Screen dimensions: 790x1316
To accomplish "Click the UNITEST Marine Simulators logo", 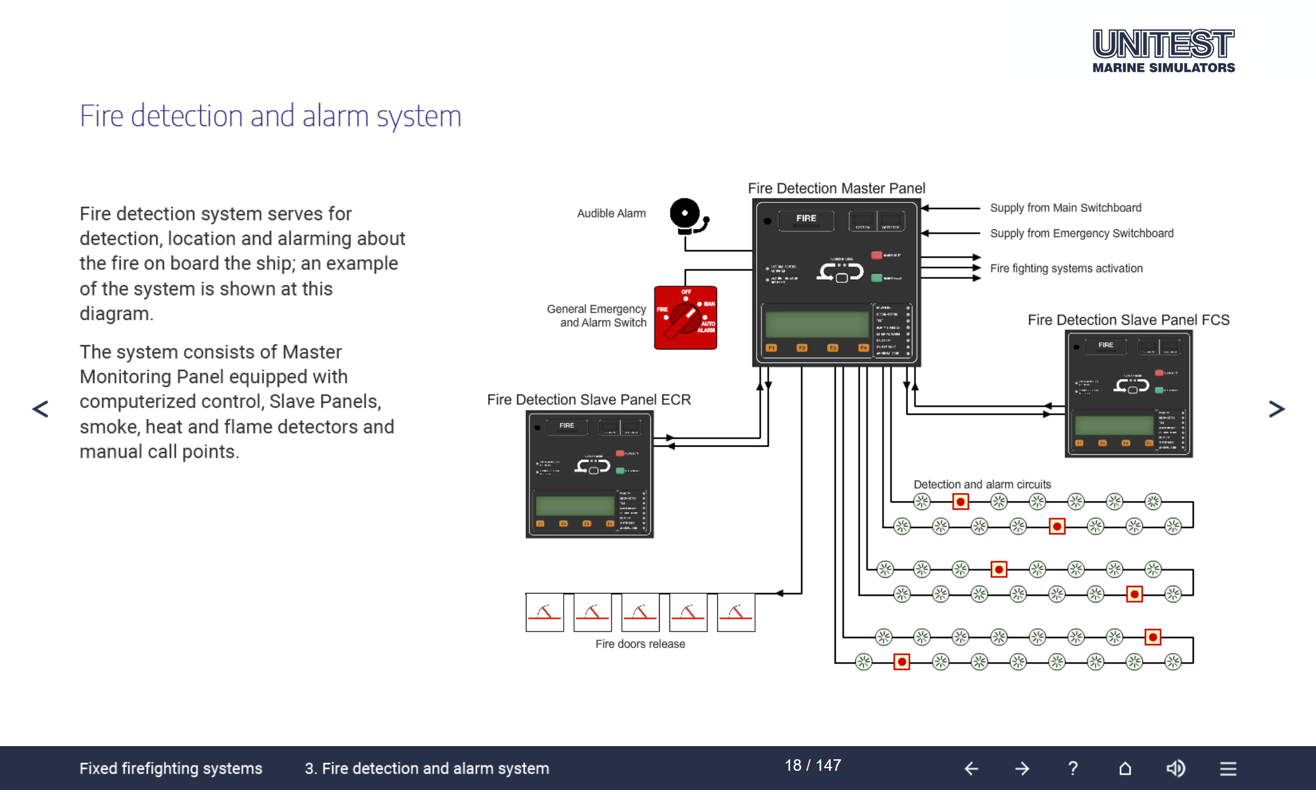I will click(1163, 51).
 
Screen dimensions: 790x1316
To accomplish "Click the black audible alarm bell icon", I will click(687, 216).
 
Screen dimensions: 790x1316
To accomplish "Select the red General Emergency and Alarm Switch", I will click(685, 318).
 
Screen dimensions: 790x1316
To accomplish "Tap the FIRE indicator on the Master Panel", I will click(806, 219).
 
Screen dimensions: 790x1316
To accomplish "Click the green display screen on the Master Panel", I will click(816, 324).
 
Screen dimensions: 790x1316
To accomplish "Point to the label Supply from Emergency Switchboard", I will click(1081, 233).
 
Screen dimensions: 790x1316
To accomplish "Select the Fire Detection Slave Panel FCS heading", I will click(1128, 320).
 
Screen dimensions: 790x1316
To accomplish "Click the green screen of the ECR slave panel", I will click(575, 505).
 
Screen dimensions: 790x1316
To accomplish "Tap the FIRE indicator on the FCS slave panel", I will click(1105, 346).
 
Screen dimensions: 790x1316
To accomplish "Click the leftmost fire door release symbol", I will click(544, 612).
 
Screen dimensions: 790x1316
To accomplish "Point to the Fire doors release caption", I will click(640, 644).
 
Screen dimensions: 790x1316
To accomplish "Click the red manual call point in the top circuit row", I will click(960, 501).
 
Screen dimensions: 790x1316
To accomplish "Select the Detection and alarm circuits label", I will click(982, 484).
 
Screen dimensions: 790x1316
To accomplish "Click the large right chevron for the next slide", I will click(1277, 409).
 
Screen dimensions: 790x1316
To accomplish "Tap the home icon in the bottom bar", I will click(1125, 768).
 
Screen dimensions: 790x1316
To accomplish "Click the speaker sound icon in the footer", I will click(1176, 768).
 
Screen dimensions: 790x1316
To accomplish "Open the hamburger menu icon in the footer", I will click(1228, 768).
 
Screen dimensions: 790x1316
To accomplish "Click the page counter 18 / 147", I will click(813, 765).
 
